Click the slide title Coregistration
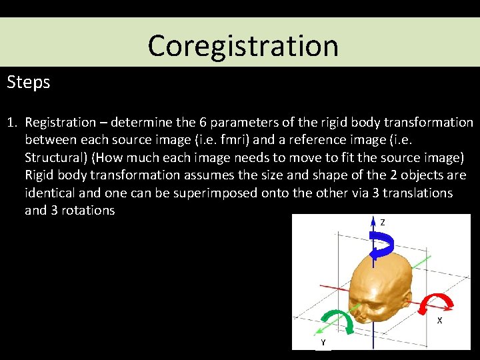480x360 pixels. (x=243, y=45)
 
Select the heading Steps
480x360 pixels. (x=28, y=82)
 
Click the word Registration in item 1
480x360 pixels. (x=60, y=123)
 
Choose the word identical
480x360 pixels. (x=51, y=193)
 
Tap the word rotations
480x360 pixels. (x=89, y=211)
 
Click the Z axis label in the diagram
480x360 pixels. (x=382, y=223)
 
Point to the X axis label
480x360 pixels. (x=439, y=321)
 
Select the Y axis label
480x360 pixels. (x=323, y=342)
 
